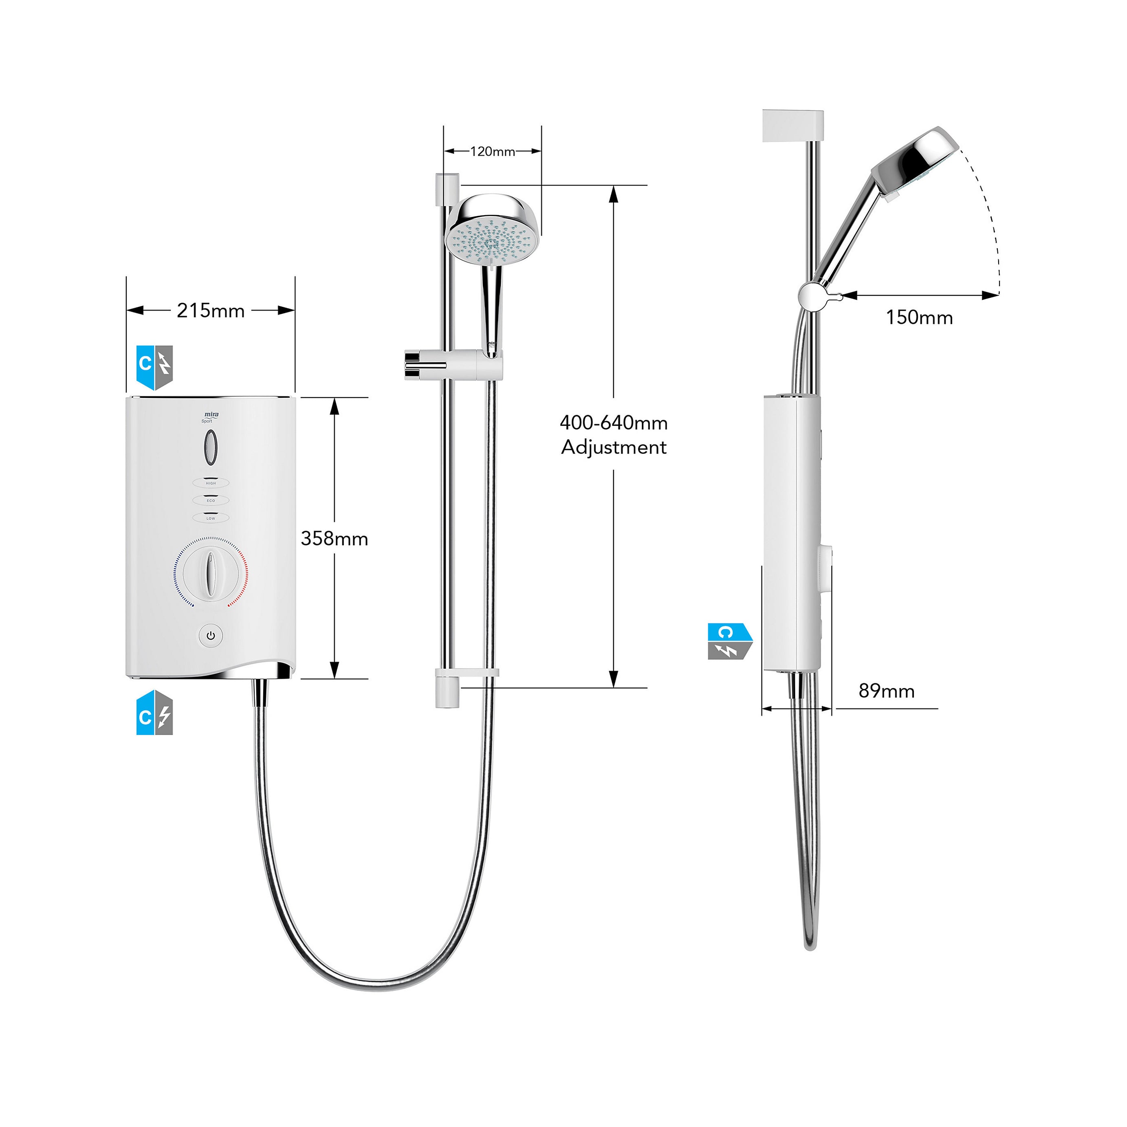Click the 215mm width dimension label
click(x=211, y=311)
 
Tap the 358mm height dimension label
click(x=334, y=538)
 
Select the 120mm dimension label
click(x=492, y=152)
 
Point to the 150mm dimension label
click(x=919, y=318)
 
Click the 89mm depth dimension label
click(x=886, y=691)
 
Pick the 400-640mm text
click(x=614, y=423)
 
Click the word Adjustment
click(x=614, y=447)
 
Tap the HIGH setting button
click(x=211, y=483)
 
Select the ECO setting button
click(x=211, y=500)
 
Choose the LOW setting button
click(x=211, y=518)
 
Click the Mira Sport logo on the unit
click(x=210, y=416)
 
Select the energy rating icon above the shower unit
click(x=154, y=368)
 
